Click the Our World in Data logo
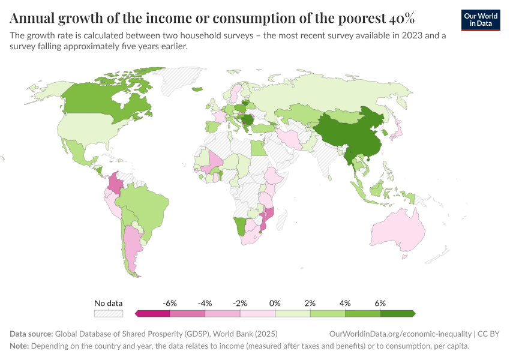click(480, 20)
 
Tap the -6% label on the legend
click(170, 303)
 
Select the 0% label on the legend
click(275, 303)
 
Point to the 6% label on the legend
click(380, 303)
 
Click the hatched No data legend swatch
click(109, 313)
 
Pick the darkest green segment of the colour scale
click(397, 313)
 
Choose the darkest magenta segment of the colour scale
click(153, 313)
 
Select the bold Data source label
click(31, 333)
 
